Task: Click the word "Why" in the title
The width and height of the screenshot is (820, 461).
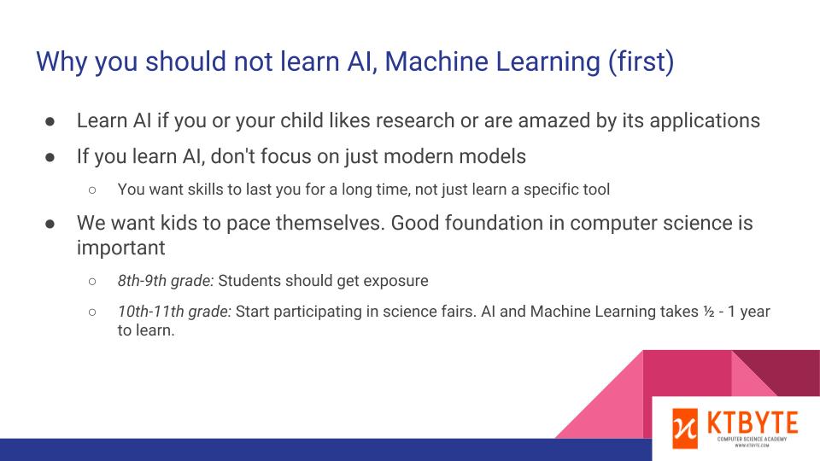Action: click(x=61, y=62)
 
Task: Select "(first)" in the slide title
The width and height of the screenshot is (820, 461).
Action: click(x=641, y=61)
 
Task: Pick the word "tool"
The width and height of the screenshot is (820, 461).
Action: click(x=597, y=190)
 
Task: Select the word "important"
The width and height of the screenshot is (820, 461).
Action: click(x=120, y=248)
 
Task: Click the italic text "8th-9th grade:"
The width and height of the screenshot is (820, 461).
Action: click(x=166, y=281)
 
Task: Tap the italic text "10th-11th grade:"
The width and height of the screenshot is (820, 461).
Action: click(x=174, y=312)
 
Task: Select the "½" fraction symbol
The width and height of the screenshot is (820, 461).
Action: click(x=709, y=312)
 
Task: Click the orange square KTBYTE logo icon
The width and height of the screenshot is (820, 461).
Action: click(x=685, y=429)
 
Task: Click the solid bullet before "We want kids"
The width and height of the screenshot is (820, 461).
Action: click(x=50, y=224)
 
